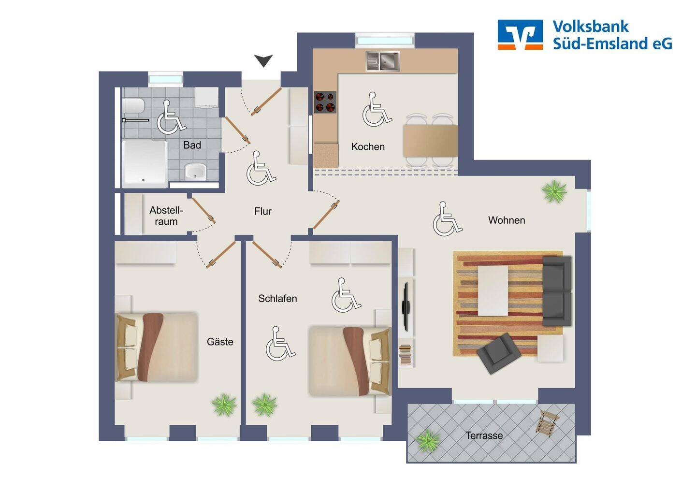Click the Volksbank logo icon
click(520, 34)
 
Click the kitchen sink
click(382, 61)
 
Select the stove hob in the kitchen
click(325, 102)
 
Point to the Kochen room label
click(368, 146)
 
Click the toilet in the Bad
click(133, 106)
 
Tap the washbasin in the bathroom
click(195, 172)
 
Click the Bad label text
click(192, 145)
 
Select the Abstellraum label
click(166, 216)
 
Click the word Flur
click(263, 211)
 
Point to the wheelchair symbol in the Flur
click(261, 168)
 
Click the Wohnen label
click(507, 220)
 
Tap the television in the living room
click(406, 307)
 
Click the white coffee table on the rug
click(493, 290)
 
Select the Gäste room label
click(220, 342)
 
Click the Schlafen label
click(277, 299)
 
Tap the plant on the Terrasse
click(428, 440)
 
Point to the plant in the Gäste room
click(224, 405)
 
